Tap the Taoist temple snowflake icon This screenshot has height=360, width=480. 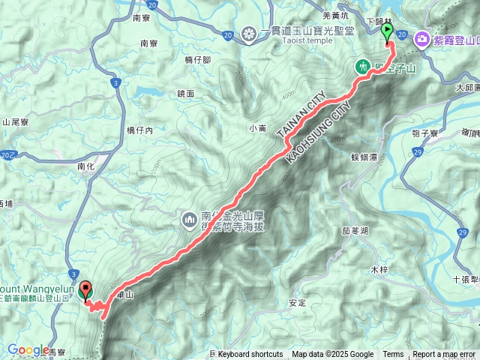tap(249, 33)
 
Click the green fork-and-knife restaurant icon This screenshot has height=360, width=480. tap(363, 67)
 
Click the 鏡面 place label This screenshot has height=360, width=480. tap(186, 94)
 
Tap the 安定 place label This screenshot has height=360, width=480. tap(297, 303)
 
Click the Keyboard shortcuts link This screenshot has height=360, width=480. tap(250, 355)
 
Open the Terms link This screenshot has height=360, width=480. tap(393, 355)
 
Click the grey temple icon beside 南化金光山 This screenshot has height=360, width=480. tap(188, 220)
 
